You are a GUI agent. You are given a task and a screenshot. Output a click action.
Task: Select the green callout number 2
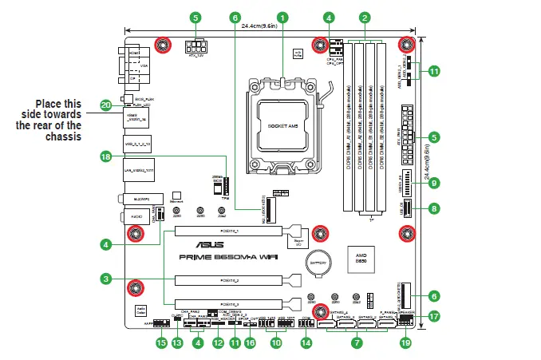[x=364, y=17]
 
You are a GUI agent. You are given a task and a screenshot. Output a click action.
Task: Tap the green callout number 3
[x=105, y=279]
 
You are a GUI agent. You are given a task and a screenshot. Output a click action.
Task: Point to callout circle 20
[x=105, y=105]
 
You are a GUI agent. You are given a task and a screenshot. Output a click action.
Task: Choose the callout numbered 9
[x=434, y=183]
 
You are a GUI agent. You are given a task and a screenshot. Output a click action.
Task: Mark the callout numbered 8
[x=434, y=209]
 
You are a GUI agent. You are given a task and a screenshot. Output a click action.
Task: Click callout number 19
[x=405, y=343]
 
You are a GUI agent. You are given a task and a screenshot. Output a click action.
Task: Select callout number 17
[x=434, y=315]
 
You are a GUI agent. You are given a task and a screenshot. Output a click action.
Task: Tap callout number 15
[x=160, y=343]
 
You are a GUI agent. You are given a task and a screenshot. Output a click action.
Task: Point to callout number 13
[x=177, y=343]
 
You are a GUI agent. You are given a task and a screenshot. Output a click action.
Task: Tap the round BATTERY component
[x=320, y=262]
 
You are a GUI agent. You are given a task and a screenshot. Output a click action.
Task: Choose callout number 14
[x=306, y=343]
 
